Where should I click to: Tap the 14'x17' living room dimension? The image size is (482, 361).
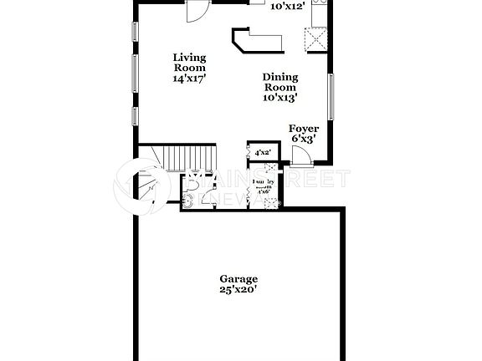click(189, 78)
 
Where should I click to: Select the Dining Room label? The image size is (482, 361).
click(280, 81)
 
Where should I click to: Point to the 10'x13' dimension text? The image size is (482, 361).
click(280, 98)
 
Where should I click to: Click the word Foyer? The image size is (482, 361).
click(302, 129)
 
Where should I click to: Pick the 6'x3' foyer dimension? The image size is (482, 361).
click(302, 140)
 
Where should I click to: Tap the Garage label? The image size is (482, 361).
click(238, 279)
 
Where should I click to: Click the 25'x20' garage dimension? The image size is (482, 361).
click(238, 290)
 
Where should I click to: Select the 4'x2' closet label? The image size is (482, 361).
click(262, 152)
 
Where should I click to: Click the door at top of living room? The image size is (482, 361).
click(194, 11)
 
